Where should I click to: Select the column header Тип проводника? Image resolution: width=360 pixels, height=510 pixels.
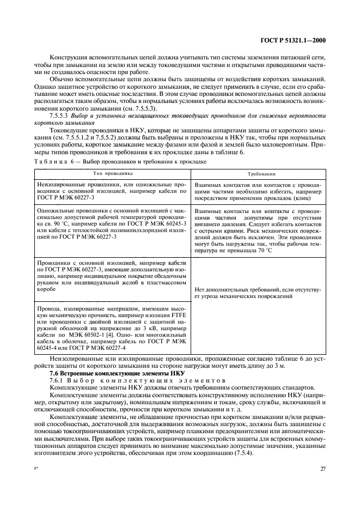tap(112, 173)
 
